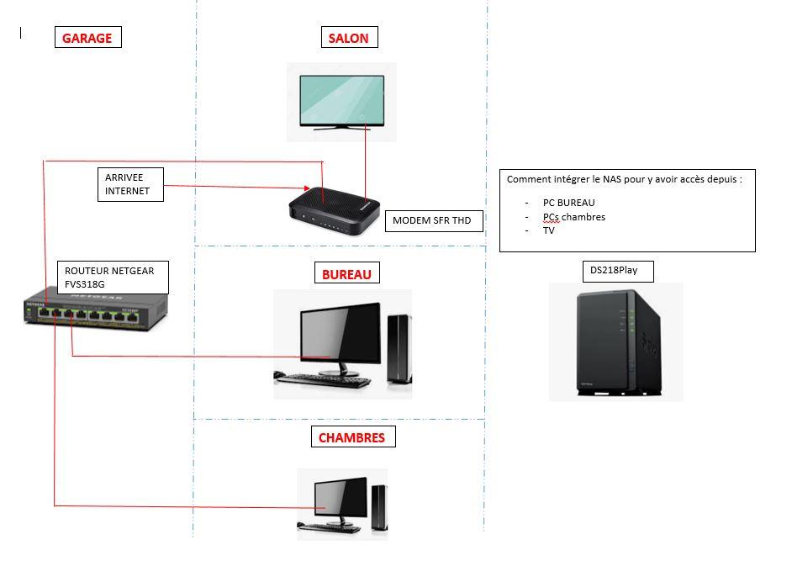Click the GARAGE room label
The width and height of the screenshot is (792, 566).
click(x=87, y=38)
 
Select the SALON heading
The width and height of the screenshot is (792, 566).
click(x=348, y=38)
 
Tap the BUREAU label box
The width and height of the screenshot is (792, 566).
click(x=346, y=273)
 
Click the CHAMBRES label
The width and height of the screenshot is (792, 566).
click(x=351, y=437)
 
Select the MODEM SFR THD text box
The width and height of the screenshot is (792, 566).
click(x=433, y=221)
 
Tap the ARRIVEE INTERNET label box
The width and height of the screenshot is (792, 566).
click(x=129, y=184)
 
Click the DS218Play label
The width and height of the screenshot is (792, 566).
click(x=617, y=271)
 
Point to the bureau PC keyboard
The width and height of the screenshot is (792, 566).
click(x=324, y=381)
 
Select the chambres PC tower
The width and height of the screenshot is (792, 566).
click(x=378, y=507)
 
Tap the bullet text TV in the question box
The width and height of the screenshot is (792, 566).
click(x=549, y=230)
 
